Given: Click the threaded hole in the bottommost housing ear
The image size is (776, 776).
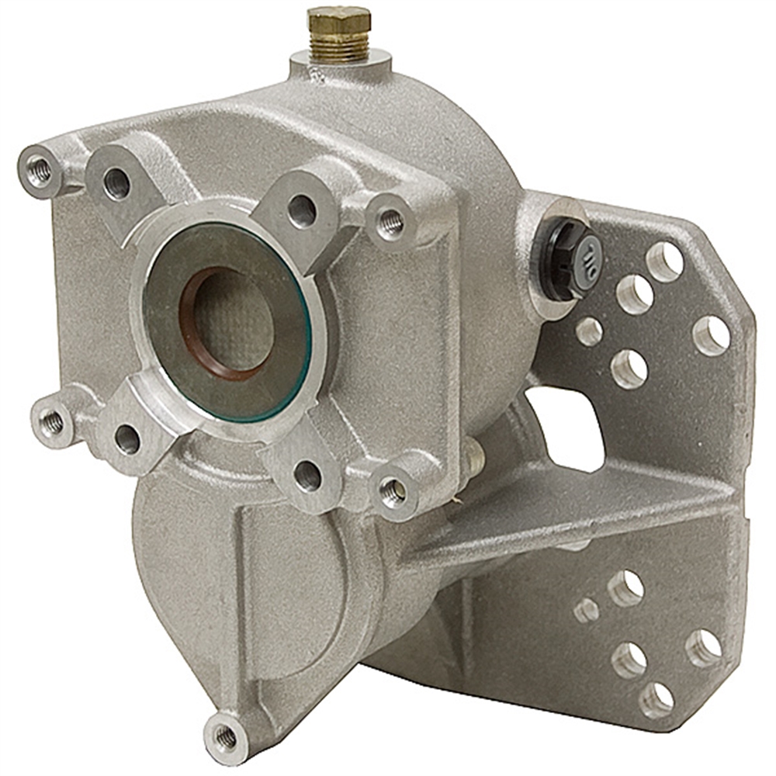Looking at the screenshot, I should click(225, 733).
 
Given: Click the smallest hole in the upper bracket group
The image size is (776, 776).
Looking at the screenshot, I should click(589, 331).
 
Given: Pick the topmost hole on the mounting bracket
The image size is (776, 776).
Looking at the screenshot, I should click(664, 261).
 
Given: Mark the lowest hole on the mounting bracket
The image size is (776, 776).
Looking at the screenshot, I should click(656, 699).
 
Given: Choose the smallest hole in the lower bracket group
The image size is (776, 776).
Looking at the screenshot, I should click(587, 611).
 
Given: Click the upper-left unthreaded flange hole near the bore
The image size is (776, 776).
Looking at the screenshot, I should click(117, 183).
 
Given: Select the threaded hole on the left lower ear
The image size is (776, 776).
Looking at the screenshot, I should click(53, 422).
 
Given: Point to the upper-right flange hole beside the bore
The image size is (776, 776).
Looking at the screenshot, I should click(301, 209).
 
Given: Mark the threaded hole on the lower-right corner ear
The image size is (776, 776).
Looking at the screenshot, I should click(392, 490).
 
